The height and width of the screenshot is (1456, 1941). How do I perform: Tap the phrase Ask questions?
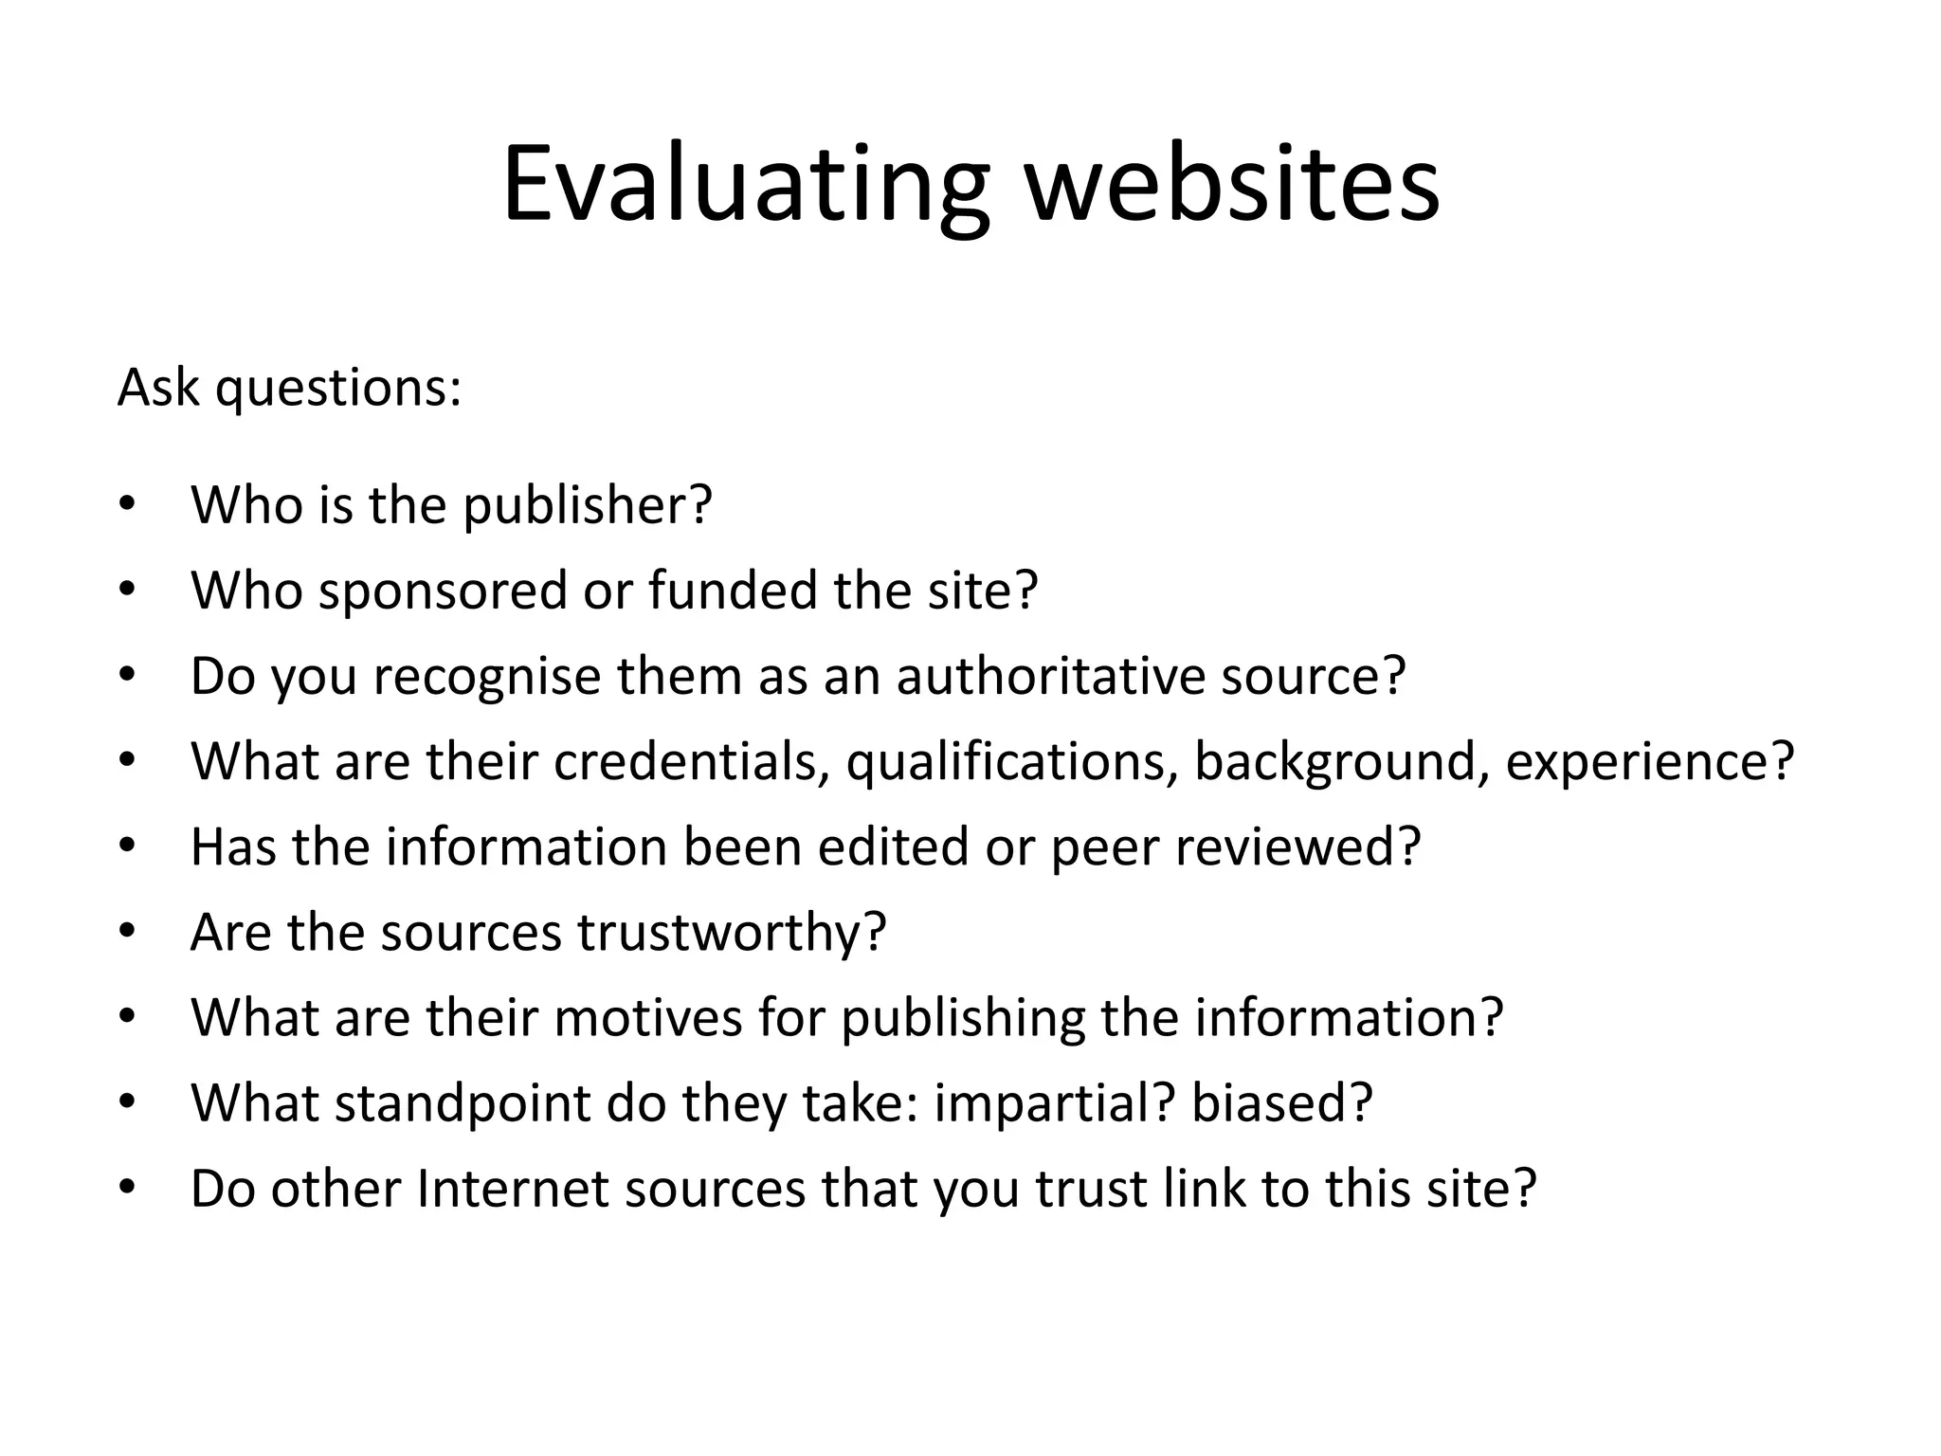click(289, 388)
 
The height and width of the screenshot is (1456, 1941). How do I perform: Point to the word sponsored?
click(442, 591)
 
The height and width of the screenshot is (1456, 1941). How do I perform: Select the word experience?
click(1649, 761)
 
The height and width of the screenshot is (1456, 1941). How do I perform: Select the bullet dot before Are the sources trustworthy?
click(128, 932)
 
